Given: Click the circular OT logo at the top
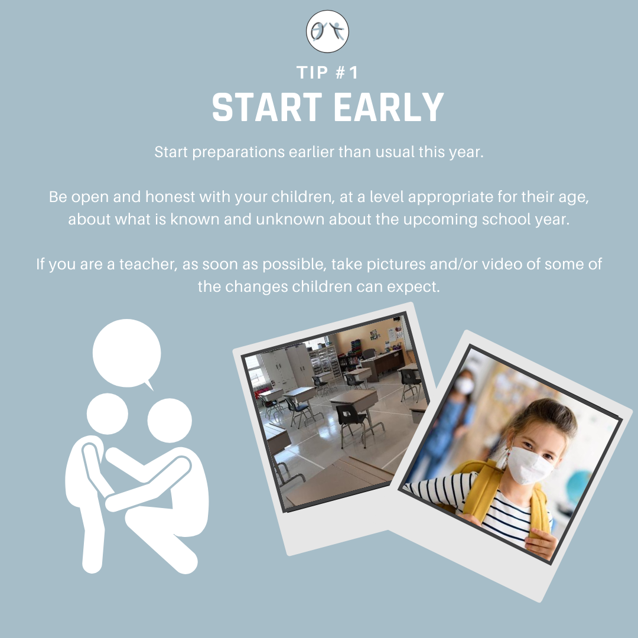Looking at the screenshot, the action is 327,31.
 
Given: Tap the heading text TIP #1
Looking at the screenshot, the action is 327,73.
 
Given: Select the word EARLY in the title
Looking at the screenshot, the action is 389,108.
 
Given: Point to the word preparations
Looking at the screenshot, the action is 239,152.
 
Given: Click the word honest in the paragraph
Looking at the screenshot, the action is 170,197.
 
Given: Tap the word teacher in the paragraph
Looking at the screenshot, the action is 148,265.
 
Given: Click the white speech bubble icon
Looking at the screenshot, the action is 126,354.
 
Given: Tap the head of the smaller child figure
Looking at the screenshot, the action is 108,414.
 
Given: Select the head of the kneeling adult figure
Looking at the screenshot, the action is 170,421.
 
